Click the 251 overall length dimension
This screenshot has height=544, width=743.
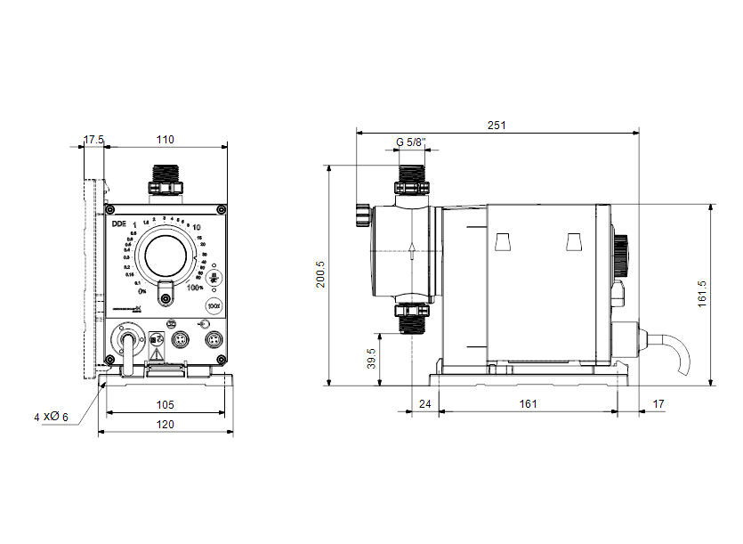click(497, 126)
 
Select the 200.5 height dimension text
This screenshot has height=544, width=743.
click(321, 274)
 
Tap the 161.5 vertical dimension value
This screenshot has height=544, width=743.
click(702, 294)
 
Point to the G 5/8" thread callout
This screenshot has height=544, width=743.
click(410, 142)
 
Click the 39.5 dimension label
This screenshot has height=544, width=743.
click(372, 359)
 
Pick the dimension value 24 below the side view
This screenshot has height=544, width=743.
click(424, 404)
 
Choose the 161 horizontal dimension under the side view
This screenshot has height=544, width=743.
click(528, 404)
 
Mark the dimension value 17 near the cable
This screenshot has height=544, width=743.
click(658, 404)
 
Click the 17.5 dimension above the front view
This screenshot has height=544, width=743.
click(93, 140)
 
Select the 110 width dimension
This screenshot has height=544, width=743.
click(166, 140)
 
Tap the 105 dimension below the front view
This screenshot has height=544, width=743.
click(166, 405)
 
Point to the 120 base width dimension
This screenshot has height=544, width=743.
click(166, 425)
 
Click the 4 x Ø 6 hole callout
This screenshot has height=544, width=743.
click(51, 417)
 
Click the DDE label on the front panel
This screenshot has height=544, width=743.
click(118, 224)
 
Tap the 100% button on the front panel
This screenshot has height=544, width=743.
click(214, 305)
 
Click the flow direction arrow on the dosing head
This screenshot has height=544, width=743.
click(411, 252)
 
